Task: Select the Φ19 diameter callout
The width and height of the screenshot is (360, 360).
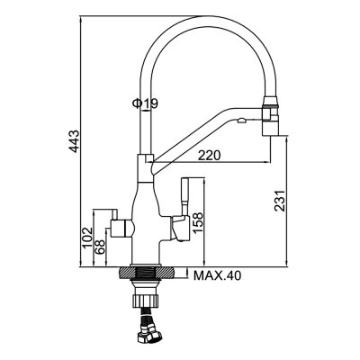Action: tap(145, 105)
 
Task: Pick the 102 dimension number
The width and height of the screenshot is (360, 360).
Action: tap(86, 237)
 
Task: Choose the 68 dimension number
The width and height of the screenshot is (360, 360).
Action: tap(101, 245)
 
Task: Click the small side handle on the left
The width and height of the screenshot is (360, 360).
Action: tap(116, 223)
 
